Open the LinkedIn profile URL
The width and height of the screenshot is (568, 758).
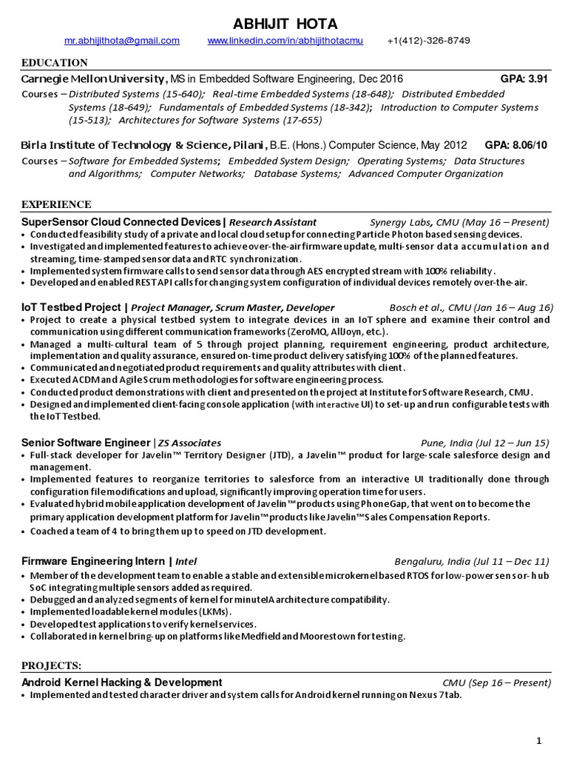pyautogui.click(x=285, y=41)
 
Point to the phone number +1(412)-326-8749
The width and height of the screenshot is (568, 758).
pyautogui.click(x=428, y=41)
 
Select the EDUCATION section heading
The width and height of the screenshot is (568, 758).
pyautogui.click(x=54, y=63)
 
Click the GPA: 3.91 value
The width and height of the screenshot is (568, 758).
pyautogui.click(x=524, y=78)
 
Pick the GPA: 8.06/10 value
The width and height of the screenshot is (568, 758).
pyautogui.click(x=516, y=145)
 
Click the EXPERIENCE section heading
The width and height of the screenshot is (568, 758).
pyautogui.click(x=56, y=204)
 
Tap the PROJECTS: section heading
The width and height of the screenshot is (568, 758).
pyautogui.click(x=52, y=665)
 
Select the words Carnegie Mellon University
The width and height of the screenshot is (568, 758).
pyautogui.click(x=93, y=78)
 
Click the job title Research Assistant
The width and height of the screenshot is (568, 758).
pyautogui.click(x=272, y=222)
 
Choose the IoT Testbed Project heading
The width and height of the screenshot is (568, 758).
pyautogui.click(x=71, y=307)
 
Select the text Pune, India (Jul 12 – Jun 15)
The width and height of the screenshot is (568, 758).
pyautogui.click(x=485, y=443)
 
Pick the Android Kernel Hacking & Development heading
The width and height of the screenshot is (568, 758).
pyautogui.click(x=122, y=682)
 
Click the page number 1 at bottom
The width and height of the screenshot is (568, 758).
pyautogui.click(x=540, y=740)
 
